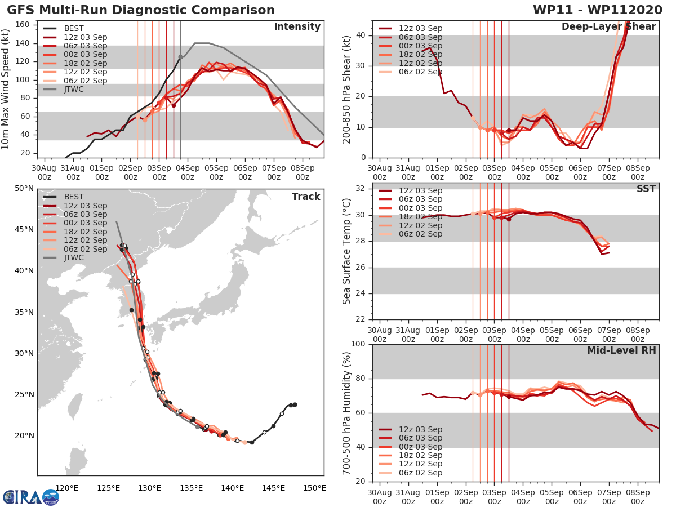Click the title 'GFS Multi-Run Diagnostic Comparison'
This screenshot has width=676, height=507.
coord(141,10)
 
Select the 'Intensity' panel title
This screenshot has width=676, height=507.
coord(297,27)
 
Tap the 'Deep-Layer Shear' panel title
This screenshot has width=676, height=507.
coord(608,27)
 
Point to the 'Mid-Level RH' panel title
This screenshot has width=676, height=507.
coord(621,350)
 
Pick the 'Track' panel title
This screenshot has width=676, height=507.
coord(306,197)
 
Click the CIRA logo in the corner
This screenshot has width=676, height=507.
coord(30,497)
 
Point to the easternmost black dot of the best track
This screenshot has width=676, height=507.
coord(295,404)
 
